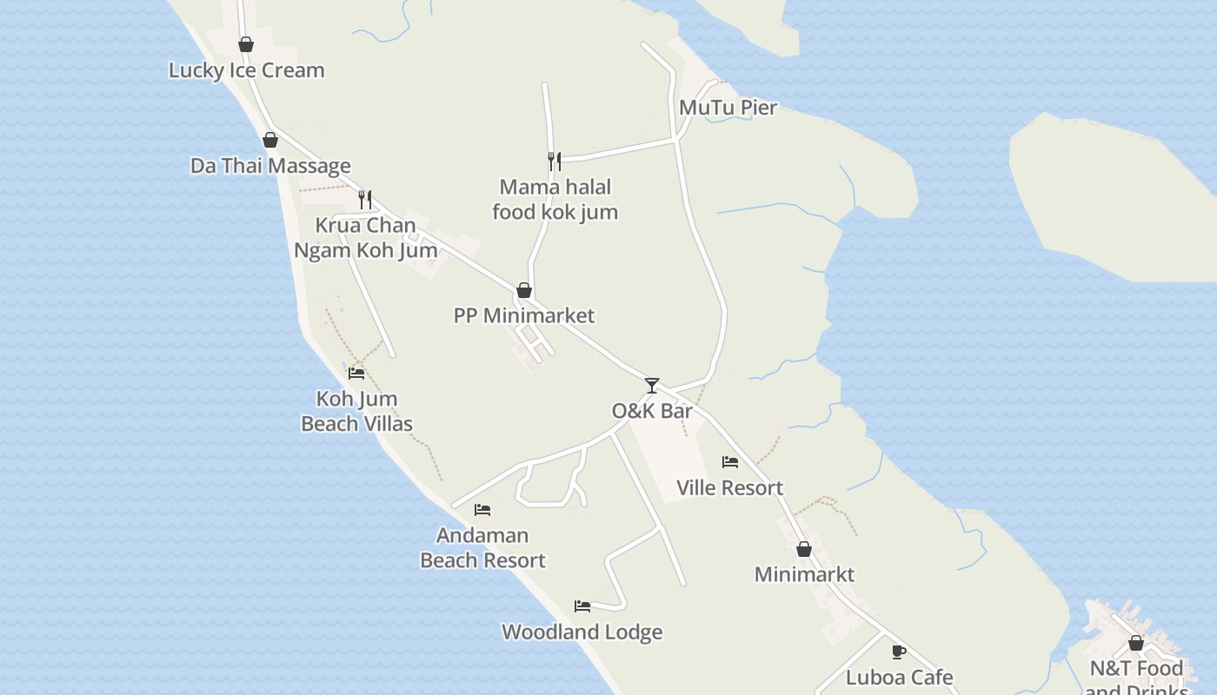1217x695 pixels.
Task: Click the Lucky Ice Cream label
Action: click(246, 70)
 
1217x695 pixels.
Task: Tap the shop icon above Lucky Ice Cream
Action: click(246, 44)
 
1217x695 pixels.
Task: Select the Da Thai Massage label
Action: click(270, 166)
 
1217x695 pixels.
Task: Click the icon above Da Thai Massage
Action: click(270, 140)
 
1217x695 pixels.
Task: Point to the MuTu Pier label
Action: click(728, 108)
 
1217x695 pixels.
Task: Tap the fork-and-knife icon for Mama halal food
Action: click(555, 161)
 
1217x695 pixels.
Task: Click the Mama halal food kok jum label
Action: click(555, 199)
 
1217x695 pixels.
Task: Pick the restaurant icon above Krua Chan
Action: click(365, 200)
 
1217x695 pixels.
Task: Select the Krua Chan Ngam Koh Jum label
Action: click(365, 238)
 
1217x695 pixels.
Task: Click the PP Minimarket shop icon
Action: click(524, 290)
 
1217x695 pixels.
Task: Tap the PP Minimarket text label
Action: click(524, 315)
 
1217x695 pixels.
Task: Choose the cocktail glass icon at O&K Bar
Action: click(652, 385)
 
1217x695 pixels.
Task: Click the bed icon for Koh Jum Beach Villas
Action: click(356, 374)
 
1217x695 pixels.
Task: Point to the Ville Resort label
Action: click(729, 488)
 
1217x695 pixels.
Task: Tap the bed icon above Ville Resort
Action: click(730, 462)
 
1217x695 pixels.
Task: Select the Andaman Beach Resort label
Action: click(482, 547)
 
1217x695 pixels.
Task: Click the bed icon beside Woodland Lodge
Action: click(582, 606)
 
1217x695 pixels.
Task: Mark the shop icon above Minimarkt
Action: click(804, 549)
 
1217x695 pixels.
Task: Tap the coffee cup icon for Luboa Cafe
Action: click(899, 652)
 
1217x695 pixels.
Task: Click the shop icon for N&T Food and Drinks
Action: click(1136, 643)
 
